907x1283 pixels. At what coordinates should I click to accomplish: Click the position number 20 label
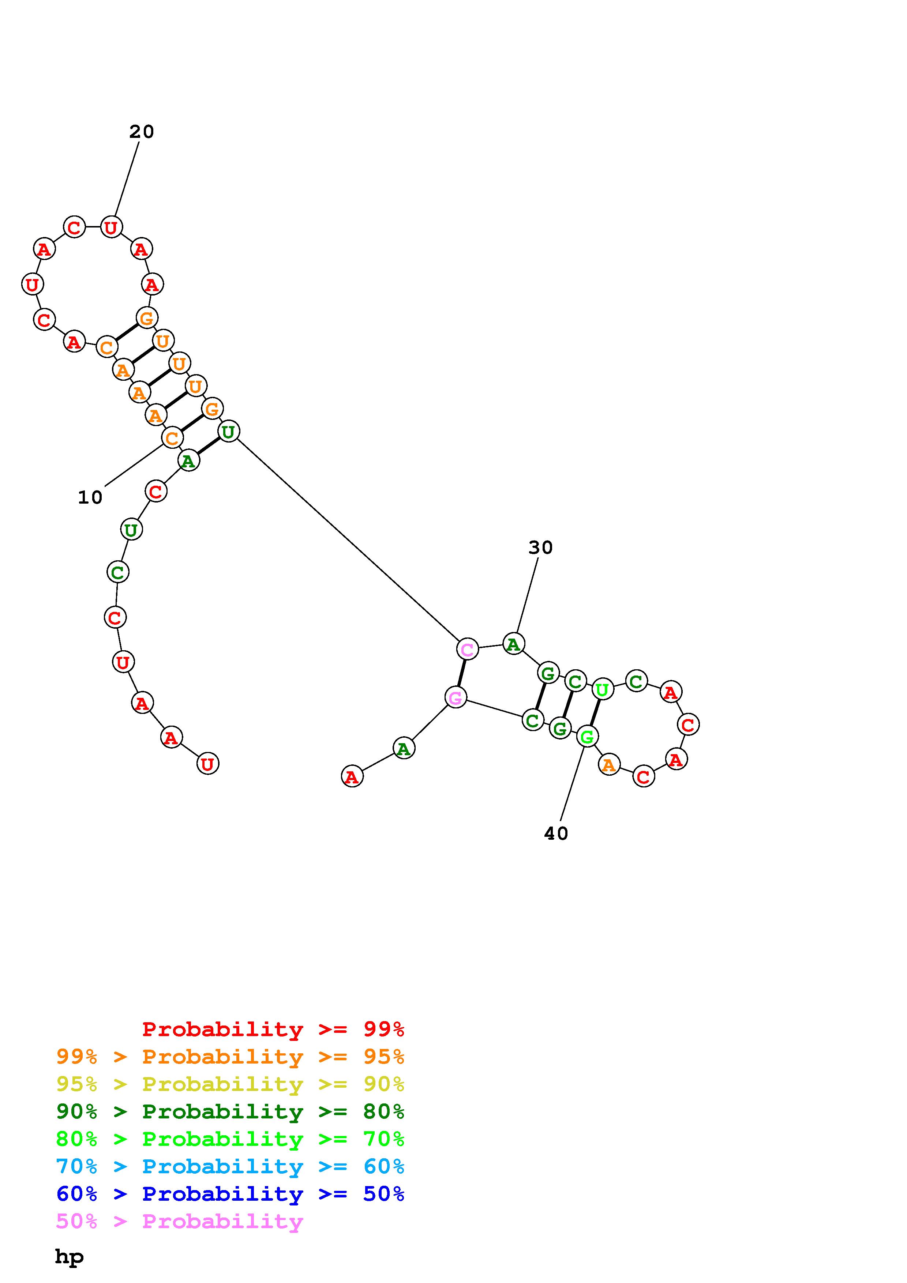click(x=141, y=132)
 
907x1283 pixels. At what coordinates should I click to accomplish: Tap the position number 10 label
click(x=90, y=497)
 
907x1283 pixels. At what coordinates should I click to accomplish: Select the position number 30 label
click(x=540, y=548)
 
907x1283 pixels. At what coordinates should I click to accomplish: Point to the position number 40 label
click(x=556, y=834)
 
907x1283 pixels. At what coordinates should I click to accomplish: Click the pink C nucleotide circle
click(x=467, y=649)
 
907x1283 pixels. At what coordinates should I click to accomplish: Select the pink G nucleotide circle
click(x=456, y=697)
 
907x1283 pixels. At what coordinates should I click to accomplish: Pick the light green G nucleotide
click(x=587, y=737)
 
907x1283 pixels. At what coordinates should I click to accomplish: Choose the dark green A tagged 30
click(x=514, y=644)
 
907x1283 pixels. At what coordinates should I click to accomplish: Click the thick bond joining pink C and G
click(x=462, y=673)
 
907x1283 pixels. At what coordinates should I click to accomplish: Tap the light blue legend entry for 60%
click(x=230, y=1166)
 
